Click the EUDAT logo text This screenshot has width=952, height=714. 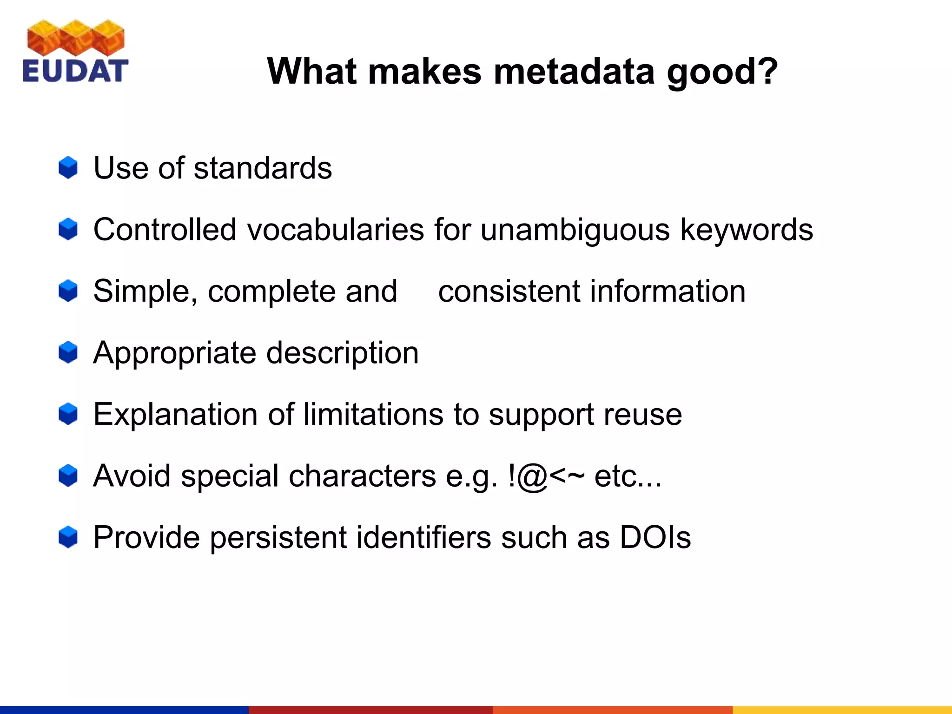click(75, 71)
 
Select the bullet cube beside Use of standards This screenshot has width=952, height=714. click(68, 168)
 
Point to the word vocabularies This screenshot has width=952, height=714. click(335, 230)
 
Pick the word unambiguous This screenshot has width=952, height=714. click(575, 230)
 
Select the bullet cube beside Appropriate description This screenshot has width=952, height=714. click(68, 352)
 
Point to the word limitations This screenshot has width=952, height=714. click(373, 414)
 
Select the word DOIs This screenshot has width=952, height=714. click(655, 537)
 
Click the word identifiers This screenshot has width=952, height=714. click(423, 537)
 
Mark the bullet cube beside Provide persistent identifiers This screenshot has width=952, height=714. click(68, 537)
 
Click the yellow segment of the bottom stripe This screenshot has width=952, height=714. click(841, 710)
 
